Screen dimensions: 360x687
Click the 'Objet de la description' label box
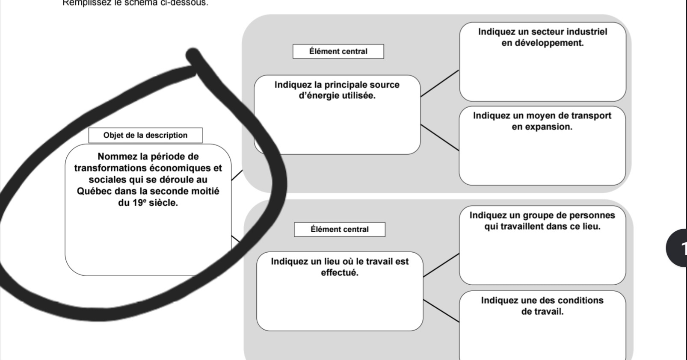tap(145, 136)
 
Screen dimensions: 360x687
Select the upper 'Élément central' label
tap(338, 52)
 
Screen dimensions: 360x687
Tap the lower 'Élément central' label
tap(339, 230)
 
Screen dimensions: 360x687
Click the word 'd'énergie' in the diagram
tap(318, 96)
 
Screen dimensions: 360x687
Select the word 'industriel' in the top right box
tap(586, 32)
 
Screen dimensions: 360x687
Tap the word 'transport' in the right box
tap(591, 116)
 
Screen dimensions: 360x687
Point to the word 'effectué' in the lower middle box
tap(339, 273)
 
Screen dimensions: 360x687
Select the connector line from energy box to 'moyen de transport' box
tap(439, 138)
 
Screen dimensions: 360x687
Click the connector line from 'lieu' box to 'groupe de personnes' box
tap(441, 265)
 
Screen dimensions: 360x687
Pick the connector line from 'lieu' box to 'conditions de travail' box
tap(441, 311)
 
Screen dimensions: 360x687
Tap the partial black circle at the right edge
tap(678, 248)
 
